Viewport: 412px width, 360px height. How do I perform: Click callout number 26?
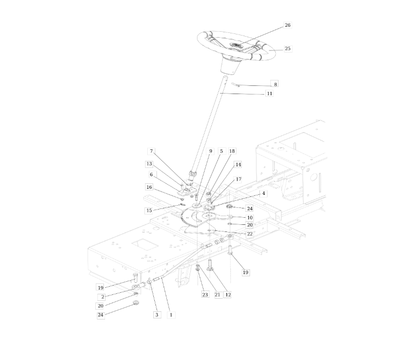tap(287, 25)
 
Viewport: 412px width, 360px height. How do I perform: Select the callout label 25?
tap(287, 49)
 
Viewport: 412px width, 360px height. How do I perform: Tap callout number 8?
tap(275, 84)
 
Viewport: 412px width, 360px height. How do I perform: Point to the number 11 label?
tap(269, 94)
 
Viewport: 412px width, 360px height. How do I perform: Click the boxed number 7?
tap(152, 151)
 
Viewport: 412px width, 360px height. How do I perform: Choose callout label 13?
tap(149, 164)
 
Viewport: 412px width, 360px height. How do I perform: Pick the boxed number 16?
tap(149, 187)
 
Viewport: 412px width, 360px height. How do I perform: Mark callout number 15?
tap(149, 210)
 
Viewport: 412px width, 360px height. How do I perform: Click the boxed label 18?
tap(232, 151)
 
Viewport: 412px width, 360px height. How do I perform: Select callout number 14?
tap(238, 164)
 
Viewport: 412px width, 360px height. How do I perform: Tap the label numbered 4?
tap(263, 193)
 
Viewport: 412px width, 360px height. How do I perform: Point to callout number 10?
tap(249, 217)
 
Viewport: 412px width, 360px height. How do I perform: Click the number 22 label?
tap(249, 234)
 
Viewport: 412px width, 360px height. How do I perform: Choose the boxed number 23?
tap(205, 294)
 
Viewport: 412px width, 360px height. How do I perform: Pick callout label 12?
tap(228, 294)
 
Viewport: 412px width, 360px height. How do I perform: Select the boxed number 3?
tap(157, 315)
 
